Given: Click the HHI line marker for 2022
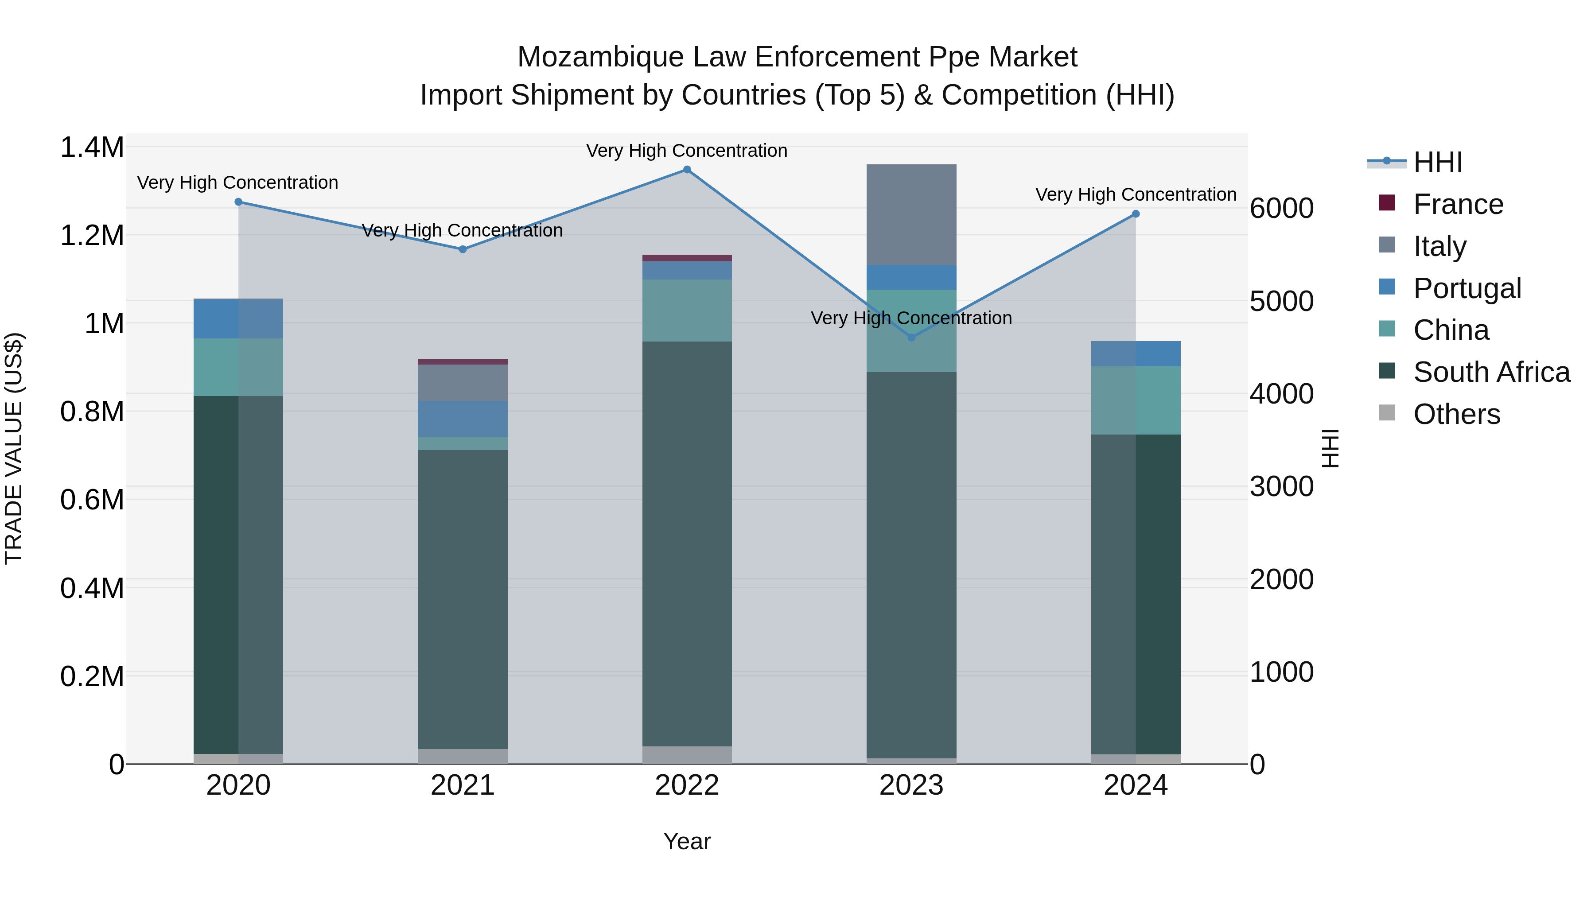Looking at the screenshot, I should (687, 170).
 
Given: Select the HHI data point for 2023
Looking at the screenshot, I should (911, 338).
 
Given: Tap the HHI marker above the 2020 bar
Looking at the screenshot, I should (238, 202).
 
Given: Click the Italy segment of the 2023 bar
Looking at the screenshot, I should (911, 215).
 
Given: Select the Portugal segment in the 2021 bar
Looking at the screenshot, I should (463, 419).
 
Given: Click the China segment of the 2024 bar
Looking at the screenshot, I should (1135, 400).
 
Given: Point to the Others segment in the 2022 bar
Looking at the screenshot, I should (687, 755).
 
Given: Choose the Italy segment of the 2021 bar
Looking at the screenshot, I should (463, 383).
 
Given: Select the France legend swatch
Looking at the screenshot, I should (1386, 203).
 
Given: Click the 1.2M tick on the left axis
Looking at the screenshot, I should (92, 236).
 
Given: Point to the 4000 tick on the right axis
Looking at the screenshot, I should (1281, 394).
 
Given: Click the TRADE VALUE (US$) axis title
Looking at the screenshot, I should (14, 448).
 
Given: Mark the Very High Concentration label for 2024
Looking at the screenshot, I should (1135, 194).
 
